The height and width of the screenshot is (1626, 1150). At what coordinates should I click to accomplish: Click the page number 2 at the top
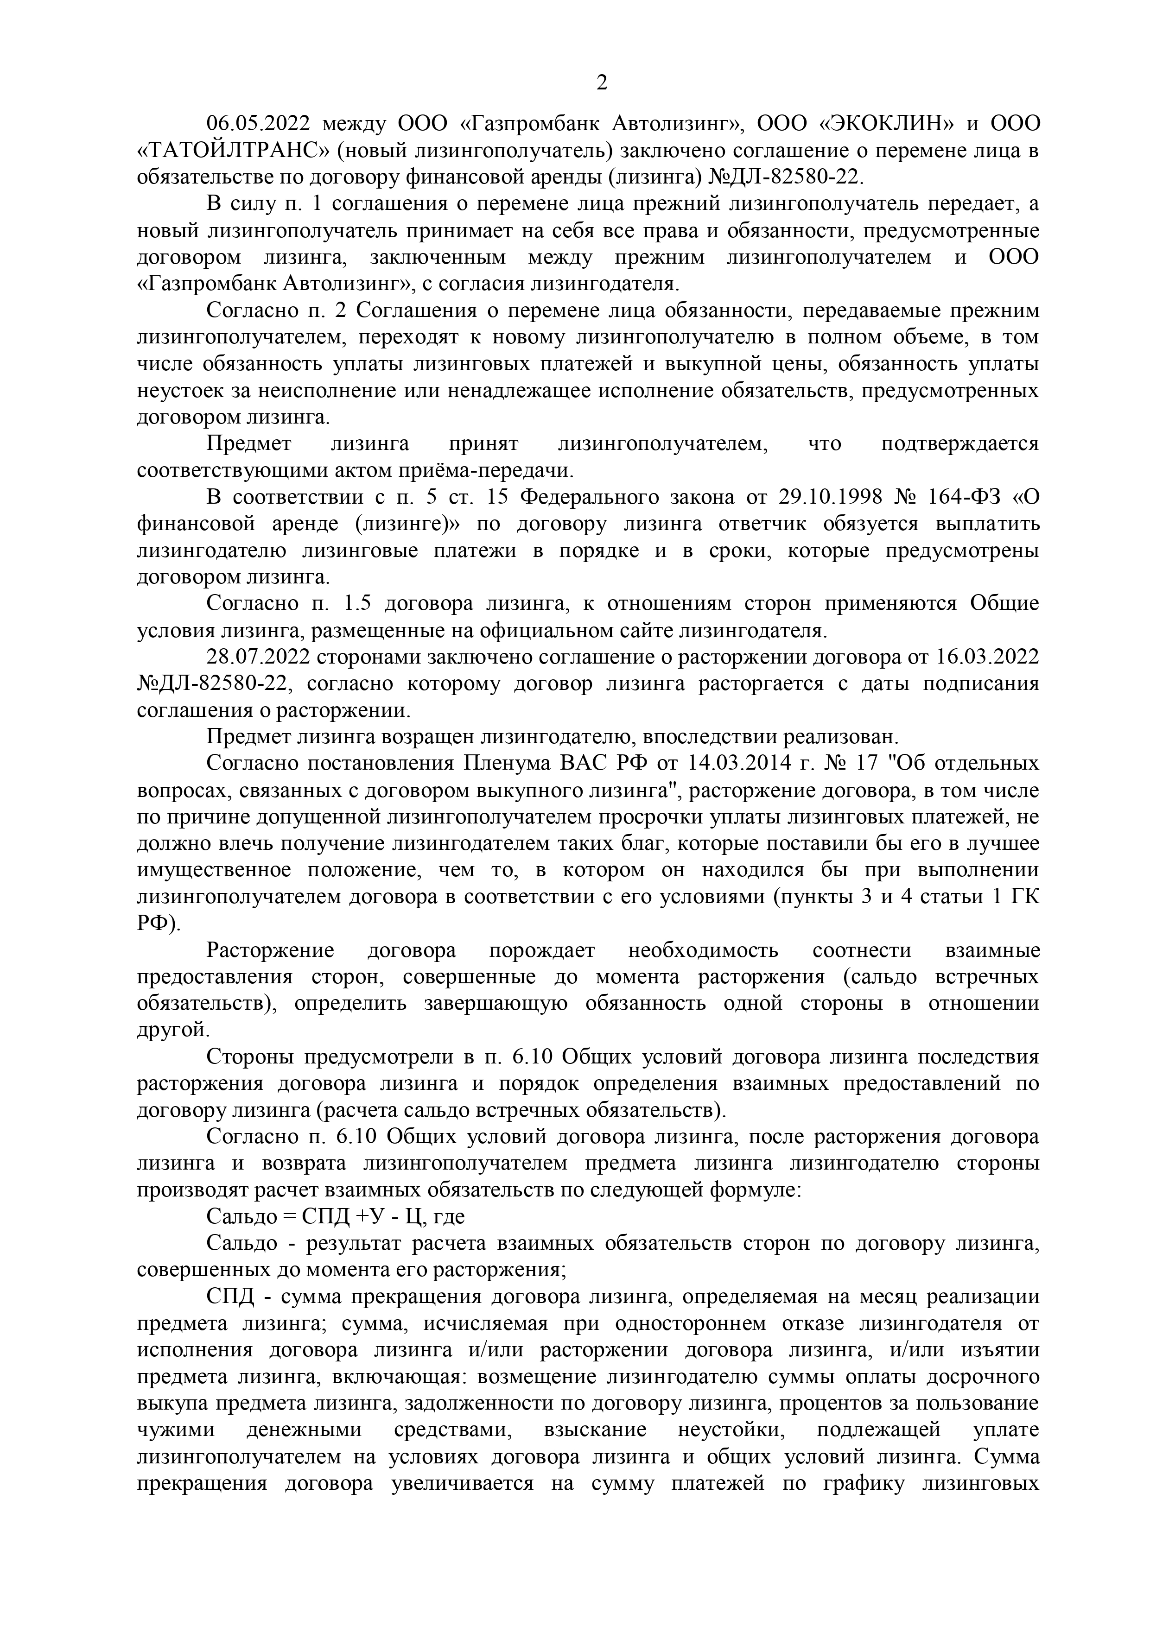602,83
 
